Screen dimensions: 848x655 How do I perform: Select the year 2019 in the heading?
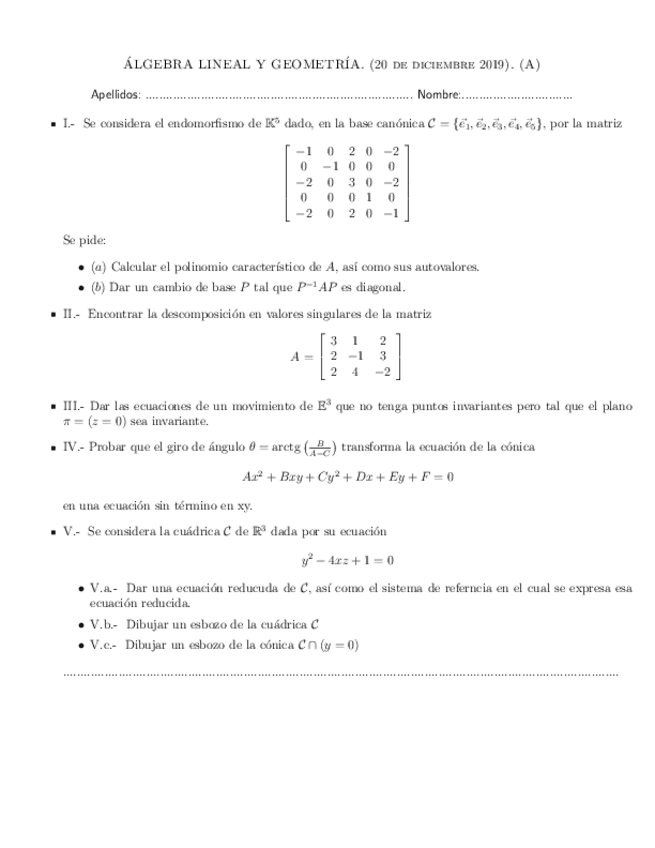[x=497, y=66]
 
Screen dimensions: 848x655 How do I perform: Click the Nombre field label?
[x=438, y=95]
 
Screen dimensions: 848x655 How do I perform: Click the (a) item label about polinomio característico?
[x=98, y=267]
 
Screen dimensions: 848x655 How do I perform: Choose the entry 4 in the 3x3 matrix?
[x=355, y=373]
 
